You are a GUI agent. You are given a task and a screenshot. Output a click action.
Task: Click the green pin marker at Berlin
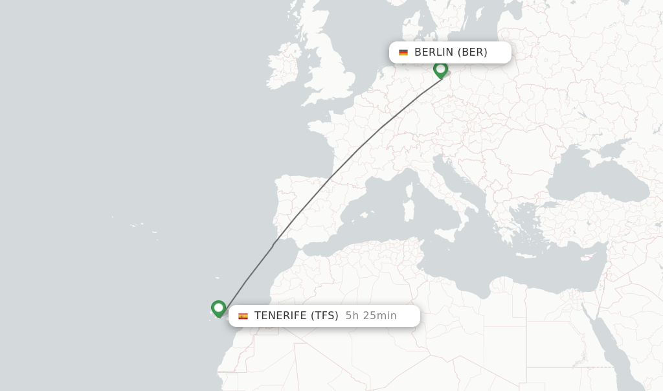coord(440,69)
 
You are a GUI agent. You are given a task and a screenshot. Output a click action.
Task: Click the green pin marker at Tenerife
coord(218,308)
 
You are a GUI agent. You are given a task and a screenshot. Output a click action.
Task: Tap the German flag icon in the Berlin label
coord(403,52)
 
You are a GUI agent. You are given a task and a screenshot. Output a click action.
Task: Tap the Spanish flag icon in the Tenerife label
coord(243,316)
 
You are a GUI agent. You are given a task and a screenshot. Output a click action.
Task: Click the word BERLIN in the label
coord(434,52)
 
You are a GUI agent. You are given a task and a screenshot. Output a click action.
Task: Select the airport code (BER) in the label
coord(473,52)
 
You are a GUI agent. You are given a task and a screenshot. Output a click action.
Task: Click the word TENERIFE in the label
coord(280,316)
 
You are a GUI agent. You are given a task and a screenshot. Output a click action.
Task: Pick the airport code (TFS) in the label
coord(324,316)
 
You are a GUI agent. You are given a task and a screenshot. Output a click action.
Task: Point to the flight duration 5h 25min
coord(371,316)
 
